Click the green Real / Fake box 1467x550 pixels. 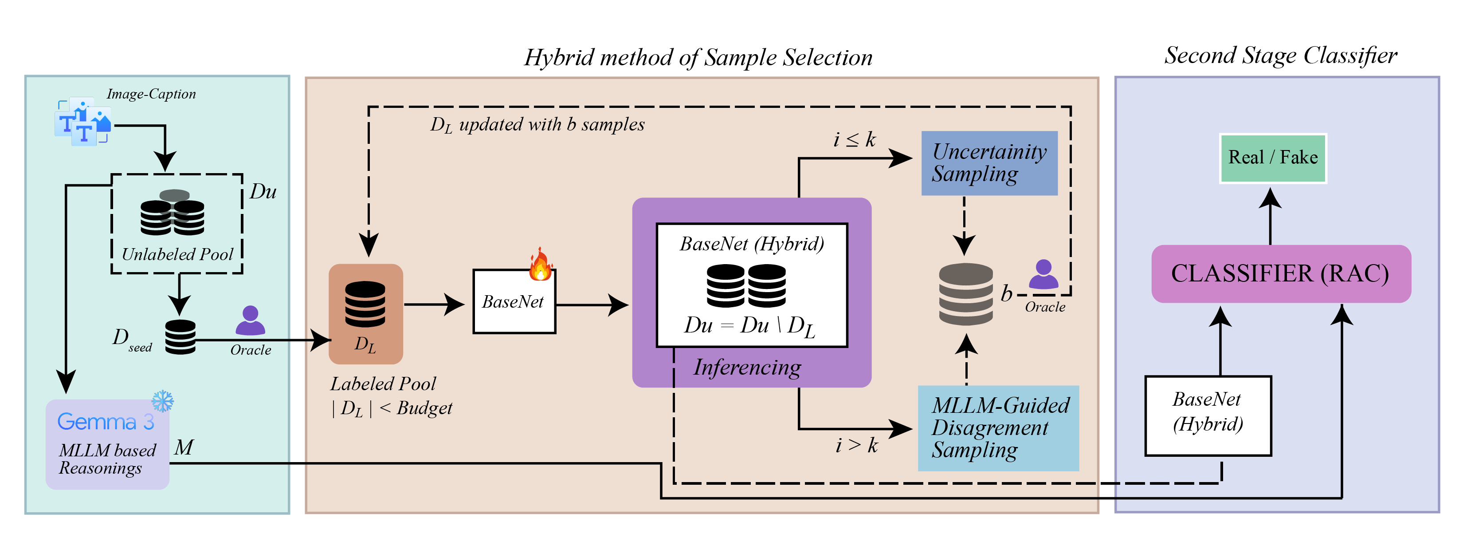(1273, 158)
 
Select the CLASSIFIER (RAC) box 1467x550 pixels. (1281, 273)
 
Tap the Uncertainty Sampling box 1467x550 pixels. (989, 163)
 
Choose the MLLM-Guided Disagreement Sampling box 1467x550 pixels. (998, 428)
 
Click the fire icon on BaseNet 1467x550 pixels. (540, 265)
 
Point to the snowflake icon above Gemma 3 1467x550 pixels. (163, 401)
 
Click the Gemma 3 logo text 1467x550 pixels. (106, 422)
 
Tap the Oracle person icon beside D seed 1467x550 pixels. (250, 321)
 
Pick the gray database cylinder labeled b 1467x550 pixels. (966, 294)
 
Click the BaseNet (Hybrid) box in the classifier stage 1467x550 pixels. (1208, 415)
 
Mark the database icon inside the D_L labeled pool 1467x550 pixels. (365, 304)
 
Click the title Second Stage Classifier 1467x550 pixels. (1280, 55)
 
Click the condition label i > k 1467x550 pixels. (856, 445)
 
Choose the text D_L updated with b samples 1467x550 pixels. (537, 125)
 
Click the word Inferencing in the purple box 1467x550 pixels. (747, 368)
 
